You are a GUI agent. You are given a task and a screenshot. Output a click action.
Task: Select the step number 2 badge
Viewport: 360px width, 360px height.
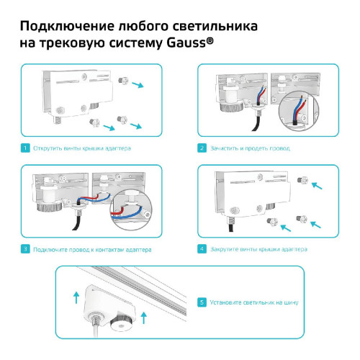(202, 148)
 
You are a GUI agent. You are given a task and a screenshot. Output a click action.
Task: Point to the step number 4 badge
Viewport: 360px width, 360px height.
(202, 250)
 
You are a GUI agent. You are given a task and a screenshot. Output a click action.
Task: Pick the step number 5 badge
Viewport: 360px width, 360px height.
(202, 302)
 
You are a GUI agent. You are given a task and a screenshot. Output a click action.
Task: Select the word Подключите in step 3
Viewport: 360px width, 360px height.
(48, 250)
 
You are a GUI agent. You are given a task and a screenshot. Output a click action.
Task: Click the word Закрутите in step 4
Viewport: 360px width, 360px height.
(225, 250)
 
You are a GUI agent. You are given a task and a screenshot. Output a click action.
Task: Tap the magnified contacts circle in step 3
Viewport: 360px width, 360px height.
(127, 207)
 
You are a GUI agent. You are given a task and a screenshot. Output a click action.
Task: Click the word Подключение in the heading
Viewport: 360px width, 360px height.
(65, 27)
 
